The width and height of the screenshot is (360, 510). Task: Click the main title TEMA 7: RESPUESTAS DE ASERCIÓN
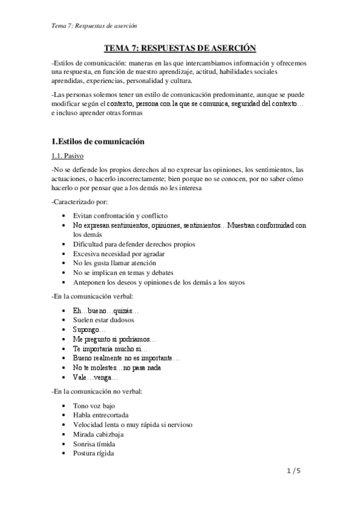[180, 48]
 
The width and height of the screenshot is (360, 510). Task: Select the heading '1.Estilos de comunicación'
[97, 142]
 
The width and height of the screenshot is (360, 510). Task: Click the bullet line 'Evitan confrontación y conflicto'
[120, 215]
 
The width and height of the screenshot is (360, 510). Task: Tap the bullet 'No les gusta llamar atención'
[114, 263]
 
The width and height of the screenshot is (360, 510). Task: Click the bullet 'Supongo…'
[89, 330]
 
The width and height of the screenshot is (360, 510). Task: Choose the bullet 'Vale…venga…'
[96, 377]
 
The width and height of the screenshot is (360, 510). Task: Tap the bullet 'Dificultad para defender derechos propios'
[134, 244]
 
